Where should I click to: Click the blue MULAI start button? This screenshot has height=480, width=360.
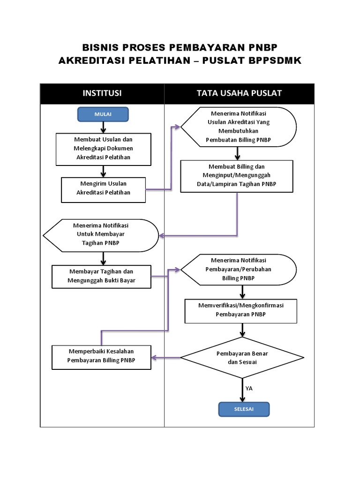103,114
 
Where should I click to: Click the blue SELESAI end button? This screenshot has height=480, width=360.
244,409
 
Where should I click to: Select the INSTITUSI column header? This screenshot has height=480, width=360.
102,93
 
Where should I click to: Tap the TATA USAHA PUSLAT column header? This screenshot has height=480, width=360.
239,93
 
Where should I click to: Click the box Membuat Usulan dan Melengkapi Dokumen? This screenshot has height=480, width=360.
103,149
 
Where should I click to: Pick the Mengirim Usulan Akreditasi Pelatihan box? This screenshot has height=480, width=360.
103,188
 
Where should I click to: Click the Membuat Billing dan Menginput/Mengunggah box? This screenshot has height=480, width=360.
237,175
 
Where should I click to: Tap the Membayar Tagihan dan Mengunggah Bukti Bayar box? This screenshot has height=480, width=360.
102,277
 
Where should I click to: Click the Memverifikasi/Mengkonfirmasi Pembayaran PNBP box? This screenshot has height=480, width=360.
241,310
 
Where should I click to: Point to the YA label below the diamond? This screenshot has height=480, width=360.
249,389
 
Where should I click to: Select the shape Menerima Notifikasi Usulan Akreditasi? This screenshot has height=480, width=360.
239,127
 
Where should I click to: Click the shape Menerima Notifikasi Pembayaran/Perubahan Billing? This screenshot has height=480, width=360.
239,269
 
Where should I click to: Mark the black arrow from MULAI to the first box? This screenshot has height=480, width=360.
103,127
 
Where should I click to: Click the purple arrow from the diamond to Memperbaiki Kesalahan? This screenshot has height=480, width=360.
166,358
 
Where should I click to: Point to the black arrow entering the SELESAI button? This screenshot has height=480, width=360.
242,393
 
